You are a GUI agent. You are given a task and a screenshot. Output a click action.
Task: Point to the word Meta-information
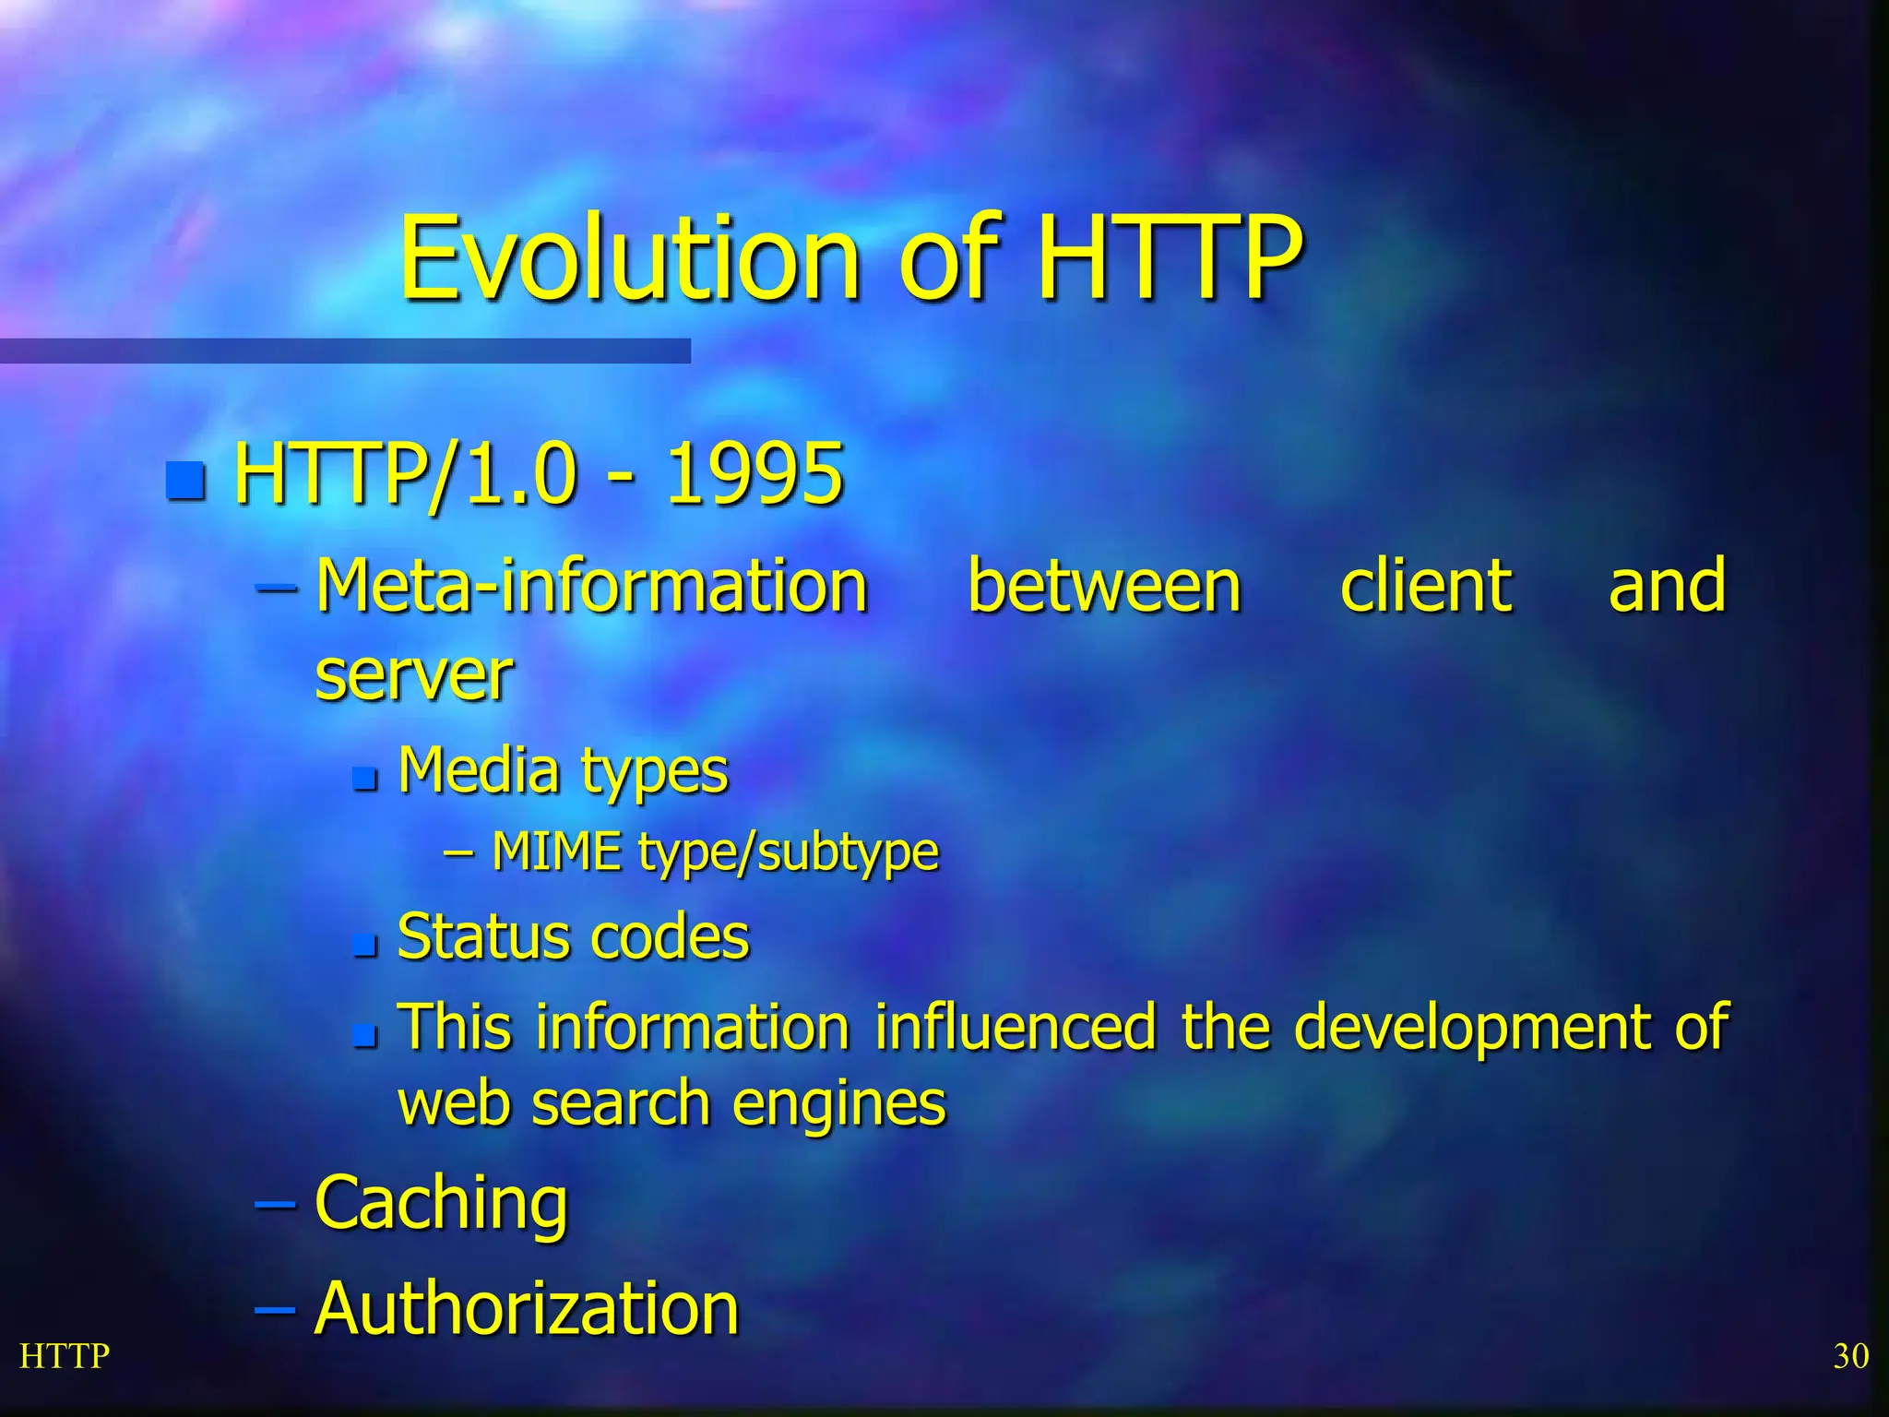pos(591,587)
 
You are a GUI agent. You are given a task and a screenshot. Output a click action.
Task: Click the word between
pos(1104,587)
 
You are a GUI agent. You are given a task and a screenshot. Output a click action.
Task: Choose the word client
pos(1425,587)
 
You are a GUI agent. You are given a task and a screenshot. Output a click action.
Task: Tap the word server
pos(414,676)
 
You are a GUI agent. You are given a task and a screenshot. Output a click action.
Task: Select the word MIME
pos(556,851)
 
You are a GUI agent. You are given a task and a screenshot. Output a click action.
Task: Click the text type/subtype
pos(789,852)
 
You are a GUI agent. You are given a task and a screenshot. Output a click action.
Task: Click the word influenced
pos(1015,1027)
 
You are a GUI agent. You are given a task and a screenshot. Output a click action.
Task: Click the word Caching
pos(441,1204)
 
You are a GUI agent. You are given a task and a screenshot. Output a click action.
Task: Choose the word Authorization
pos(527,1308)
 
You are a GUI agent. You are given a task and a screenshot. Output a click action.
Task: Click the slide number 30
pos(1850,1356)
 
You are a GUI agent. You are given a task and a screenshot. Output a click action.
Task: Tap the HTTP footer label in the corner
pos(65,1356)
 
